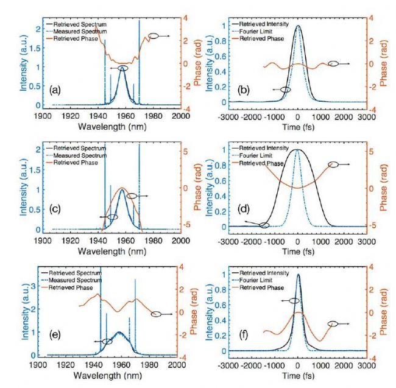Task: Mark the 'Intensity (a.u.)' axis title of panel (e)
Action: point(20,311)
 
